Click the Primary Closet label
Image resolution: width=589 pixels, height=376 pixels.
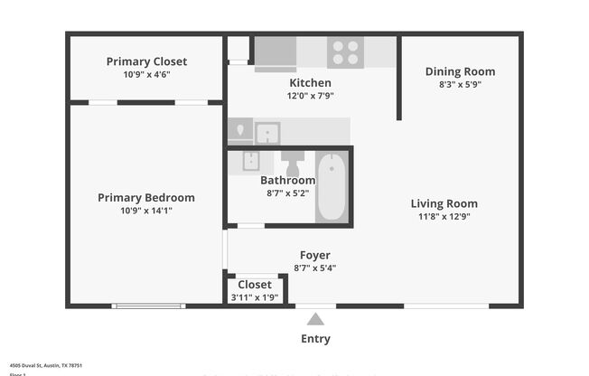(146, 61)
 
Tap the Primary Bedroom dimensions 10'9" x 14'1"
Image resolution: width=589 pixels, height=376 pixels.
(146, 211)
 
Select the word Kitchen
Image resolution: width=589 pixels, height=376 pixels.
(310, 83)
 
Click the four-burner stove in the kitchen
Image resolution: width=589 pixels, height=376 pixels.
(345, 52)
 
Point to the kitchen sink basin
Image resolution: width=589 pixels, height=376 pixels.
(267, 134)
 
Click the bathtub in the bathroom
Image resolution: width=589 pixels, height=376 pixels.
(332, 186)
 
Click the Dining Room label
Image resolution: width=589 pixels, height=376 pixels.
(460, 71)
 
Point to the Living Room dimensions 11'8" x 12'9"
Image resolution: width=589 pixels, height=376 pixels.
(444, 217)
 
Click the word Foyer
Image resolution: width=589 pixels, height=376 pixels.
(314, 255)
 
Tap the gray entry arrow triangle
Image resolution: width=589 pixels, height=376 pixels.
(315, 318)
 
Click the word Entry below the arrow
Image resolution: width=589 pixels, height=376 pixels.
(315, 339)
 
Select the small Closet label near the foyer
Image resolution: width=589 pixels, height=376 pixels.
(254, 285)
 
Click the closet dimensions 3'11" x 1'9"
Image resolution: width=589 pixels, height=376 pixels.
(254, 297)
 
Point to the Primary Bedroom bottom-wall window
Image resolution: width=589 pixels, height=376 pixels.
(149, 306)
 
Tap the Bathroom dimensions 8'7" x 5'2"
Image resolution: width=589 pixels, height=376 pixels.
(288, 193)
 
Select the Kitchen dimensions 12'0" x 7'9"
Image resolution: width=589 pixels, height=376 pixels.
(310, 96)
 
